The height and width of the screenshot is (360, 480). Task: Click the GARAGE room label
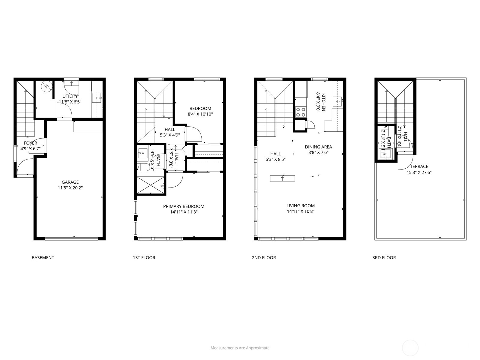pos(70,182)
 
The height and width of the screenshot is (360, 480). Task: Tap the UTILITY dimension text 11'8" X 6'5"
pos(70,102)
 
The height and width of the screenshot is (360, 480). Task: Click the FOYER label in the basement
pos(30,143)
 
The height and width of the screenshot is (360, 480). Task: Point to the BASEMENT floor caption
pos(43,257)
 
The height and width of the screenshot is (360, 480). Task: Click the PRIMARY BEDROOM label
pos(184,206)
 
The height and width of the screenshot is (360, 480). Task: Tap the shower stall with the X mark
pos(150,186)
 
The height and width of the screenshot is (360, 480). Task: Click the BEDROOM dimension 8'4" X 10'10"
pos(200,114)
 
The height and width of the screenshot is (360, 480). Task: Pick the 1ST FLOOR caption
pos(144,257)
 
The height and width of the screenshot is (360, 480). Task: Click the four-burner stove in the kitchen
pos(301,112)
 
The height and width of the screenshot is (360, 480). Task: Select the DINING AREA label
pos(318,147)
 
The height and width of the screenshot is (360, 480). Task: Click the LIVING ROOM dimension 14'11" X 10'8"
pos(300,211)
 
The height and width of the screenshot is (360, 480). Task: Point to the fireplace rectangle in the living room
pos(282,178)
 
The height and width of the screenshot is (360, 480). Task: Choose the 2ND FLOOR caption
pos(264,257)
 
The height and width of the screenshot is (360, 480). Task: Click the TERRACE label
pos(419,166)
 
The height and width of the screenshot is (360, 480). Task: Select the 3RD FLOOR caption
pos(384,257)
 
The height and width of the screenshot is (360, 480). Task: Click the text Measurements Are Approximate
pos(240,348)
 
